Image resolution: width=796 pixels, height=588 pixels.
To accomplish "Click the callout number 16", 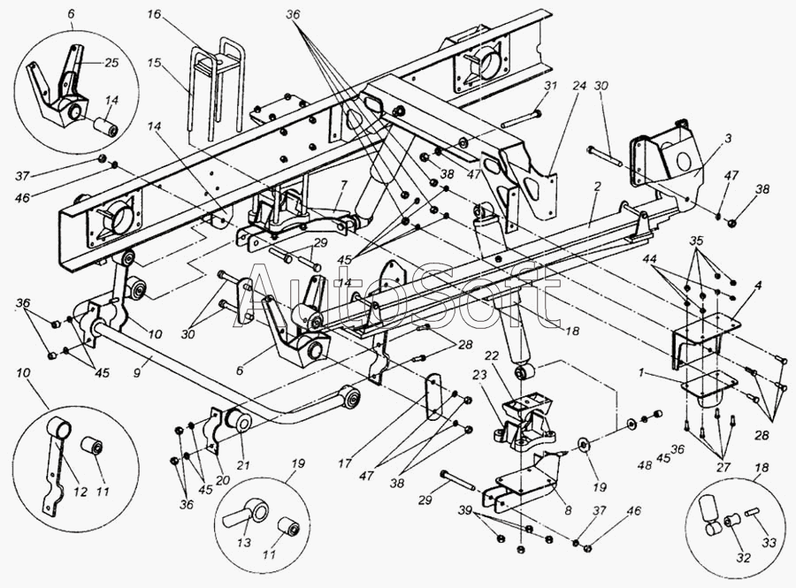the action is click(x=154, y=15).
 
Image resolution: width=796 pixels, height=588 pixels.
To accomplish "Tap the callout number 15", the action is click(x=154, y=63).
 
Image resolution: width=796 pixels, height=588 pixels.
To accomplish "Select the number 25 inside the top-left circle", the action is click(x=111, y=63).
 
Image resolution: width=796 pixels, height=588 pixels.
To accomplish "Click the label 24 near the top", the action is click(x=579, y=87).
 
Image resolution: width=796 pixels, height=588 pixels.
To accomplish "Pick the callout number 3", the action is click(x=729, y=139).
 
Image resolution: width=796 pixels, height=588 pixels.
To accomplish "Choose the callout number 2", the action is click(x=597, y=187).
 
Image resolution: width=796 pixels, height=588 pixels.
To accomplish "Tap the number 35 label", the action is click(x=698, y=239).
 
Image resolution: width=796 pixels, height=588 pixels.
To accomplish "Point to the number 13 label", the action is click(x=244, y=542).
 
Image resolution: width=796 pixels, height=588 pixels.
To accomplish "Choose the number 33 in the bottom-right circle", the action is click(x=769, y=543).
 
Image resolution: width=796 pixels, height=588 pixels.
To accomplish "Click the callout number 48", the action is click(x=645, y=465).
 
